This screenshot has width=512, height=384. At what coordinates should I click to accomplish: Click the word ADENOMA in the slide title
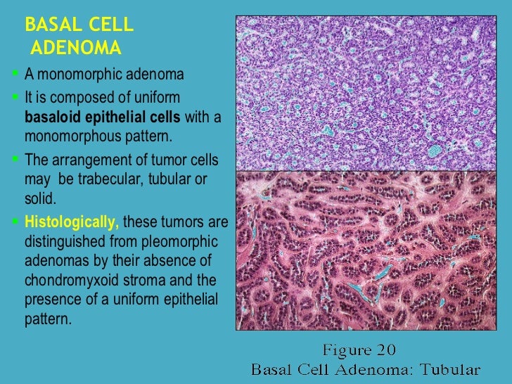click(77, 49)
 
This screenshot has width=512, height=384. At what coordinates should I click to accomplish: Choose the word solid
click(39, 197)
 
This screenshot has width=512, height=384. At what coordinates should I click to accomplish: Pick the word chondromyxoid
click(67, 280)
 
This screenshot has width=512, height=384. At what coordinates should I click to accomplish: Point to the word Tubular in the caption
click(451, 369)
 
